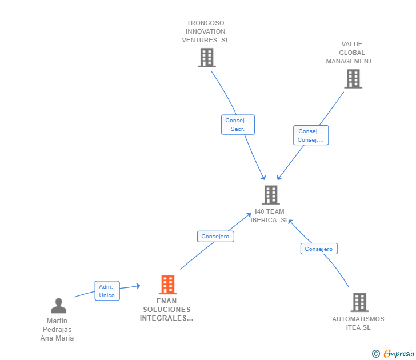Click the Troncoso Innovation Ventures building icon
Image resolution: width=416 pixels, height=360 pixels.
[206, 58]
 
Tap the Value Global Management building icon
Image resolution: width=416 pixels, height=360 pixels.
[353, 79]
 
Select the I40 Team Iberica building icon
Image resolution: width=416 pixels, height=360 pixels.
[270, 195]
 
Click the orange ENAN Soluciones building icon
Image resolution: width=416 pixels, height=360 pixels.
[167, 285]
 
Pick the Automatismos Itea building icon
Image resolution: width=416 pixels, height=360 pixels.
[359, 302]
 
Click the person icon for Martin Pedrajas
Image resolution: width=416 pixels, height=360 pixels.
[58, 306]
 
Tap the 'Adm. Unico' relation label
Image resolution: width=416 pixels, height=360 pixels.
[107, 291]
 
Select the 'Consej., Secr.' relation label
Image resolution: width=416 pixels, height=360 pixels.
[238, 125]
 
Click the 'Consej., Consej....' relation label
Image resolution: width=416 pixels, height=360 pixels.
[311, 135]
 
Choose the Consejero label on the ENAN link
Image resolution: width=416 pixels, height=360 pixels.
[215, 236]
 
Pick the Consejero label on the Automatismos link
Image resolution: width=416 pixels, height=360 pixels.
[319, 249]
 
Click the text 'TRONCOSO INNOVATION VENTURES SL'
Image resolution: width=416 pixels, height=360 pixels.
[206, 31]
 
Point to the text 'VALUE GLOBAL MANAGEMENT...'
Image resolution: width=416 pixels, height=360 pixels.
[352, 53]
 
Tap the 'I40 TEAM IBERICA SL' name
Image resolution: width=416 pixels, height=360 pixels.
[270, 216]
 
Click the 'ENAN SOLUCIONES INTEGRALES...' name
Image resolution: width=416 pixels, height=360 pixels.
[166, 310]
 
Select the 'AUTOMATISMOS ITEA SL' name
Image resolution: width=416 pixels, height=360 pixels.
[358, 323]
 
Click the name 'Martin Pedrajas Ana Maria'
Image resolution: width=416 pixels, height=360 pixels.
[57, 330]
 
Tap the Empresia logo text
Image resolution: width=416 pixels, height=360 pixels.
[398, 353]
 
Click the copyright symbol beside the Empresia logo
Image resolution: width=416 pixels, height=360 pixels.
[376, 354]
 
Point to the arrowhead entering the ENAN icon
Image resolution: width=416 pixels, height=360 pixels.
[137, 286]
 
